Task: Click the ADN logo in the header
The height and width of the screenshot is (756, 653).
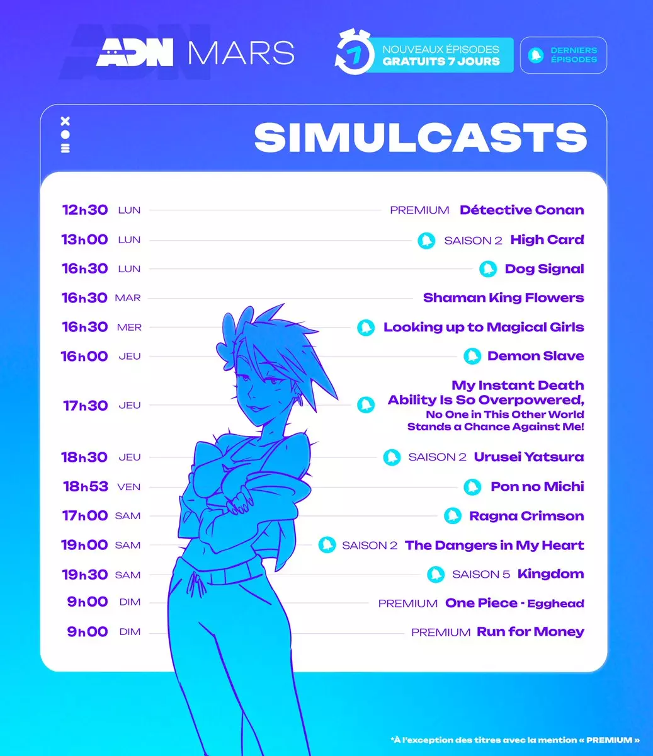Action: tap(135, 52)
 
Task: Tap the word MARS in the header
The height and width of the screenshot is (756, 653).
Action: tap(241, 53)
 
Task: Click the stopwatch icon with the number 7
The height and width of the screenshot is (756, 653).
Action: tap(353, 52)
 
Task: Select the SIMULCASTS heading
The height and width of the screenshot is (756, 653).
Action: tap(421, 137)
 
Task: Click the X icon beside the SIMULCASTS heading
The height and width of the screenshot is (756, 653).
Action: tap(65, 121)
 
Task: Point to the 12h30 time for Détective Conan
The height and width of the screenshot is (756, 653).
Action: tap(85, 210)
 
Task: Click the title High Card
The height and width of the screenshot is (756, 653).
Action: tap(547, 239)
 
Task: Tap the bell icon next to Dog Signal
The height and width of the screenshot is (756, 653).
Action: tap(488, 269)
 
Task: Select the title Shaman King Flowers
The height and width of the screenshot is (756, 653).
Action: tap(504, 298)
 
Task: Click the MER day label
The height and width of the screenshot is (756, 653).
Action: tap(129, 327)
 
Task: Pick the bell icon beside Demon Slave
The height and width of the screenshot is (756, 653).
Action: tap(472, 356)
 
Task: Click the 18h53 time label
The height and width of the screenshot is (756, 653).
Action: tap(86, 486)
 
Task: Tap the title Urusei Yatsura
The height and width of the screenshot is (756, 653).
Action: tap(529, 457)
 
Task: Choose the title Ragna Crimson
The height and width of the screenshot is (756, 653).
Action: tap(526, 516)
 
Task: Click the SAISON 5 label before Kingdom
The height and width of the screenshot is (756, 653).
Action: tap(481, 574)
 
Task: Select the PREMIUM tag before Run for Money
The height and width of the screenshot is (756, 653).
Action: tap(441, 633)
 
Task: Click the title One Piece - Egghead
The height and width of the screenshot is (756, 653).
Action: tap(514, 603)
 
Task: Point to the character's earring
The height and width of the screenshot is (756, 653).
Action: tap(300, 399)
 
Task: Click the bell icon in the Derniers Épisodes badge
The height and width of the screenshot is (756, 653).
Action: tap(536, 55)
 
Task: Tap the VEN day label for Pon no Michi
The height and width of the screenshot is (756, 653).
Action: tap(128, 487)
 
